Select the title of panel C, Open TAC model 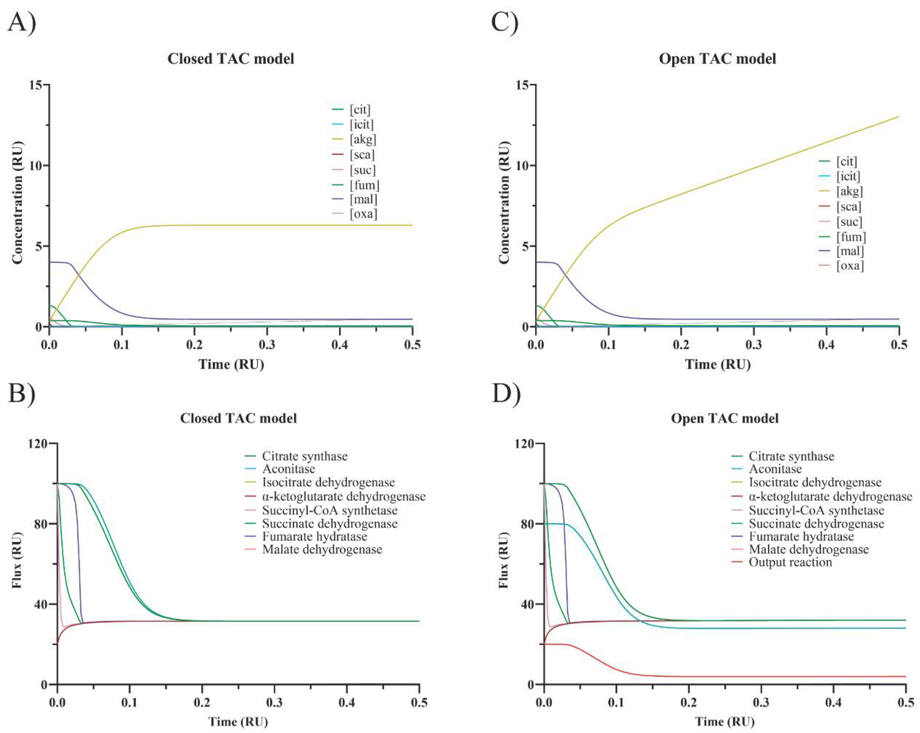[x=717, y=58]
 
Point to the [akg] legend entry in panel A [x=363, y=139]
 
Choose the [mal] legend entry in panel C [x=850, y=251]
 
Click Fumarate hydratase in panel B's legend [x=315, y=536]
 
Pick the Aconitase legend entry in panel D [x=775, y=469]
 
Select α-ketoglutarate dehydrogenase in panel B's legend [x=344, y=496]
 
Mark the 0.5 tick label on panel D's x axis [x=905, y=702]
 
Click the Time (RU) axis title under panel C [x=718, y=364]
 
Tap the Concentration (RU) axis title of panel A [x=17, y=203]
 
